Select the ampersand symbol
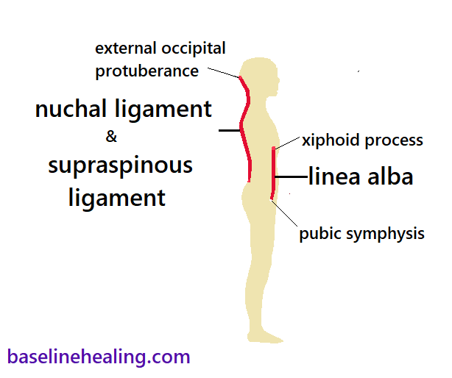[112, 137]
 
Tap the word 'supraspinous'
[120, 166]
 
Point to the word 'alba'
[387, 176]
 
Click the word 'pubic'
[319, 234]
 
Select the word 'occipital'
[191, 49]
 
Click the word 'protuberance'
[147, 71]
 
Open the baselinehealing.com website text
[99, 357]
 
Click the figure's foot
[268, 338]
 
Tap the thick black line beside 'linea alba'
[290, 176]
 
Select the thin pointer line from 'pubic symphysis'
[286, 214]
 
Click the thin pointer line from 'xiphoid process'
[288, 144]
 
